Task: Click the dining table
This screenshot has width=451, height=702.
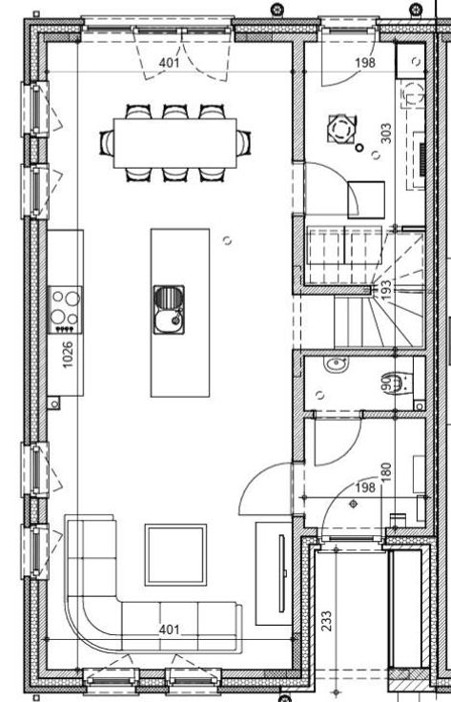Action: coord(174,143)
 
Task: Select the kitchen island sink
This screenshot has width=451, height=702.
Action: coord(169,310)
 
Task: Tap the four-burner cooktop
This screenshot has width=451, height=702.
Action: coord(66,310)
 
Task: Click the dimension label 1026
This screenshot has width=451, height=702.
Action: coord(68,355)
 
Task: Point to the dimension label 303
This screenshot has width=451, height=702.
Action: coord(385,134)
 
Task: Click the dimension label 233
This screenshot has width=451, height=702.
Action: coord(327,621)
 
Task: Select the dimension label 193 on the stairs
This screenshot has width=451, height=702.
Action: coord(385,290)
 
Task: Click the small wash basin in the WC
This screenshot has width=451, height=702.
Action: coord(336,364)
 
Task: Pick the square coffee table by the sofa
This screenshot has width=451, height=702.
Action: coord(175,555)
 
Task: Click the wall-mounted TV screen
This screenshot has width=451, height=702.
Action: coord(282,573)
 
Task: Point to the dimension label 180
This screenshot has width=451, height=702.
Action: coord(385,472)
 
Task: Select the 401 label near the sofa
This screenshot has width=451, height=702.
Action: coord(169,630)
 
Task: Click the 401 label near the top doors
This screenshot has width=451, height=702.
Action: coord(169,63)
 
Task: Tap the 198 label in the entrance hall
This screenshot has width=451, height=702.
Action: coord(365,487)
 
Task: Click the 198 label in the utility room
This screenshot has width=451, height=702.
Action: coord(365,63)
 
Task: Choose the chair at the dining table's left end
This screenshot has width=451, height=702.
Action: coord(107,143)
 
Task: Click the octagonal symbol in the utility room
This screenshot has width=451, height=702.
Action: coord(342,130)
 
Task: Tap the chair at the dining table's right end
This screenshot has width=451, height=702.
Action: coord(243,143)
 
